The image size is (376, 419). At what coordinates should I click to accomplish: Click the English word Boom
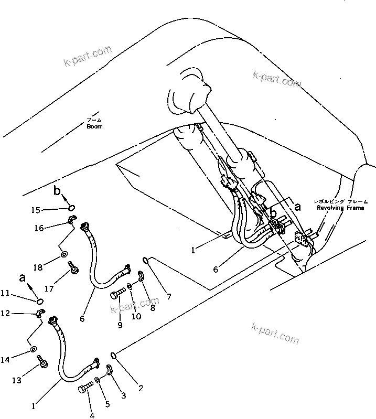[x=95, y=126]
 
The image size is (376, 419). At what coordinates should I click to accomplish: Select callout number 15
[x=35, y=210]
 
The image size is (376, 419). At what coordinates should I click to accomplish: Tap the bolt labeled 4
[x=84, y=389]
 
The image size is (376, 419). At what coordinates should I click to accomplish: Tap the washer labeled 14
[x=33, y=349]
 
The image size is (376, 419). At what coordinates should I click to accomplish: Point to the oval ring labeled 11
[x=40, y=301]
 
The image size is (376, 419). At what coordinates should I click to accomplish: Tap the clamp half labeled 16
[x=72, y=220]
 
